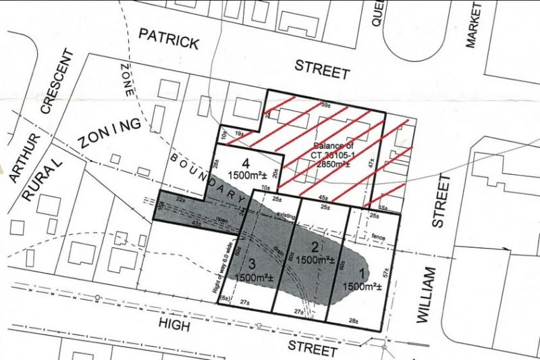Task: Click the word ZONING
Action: pyautogui.click(x=109, y=133)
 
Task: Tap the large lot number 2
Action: pyautogui.click(x=314, y=246)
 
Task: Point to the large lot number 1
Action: pyautogui.click(x=362, y=274)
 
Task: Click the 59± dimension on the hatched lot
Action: pyautogui.click(x=325, y=105)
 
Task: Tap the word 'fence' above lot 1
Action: pyautogui.click(x=378, y=236)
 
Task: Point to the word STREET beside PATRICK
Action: pyautogui.click(x=323, y=69)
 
